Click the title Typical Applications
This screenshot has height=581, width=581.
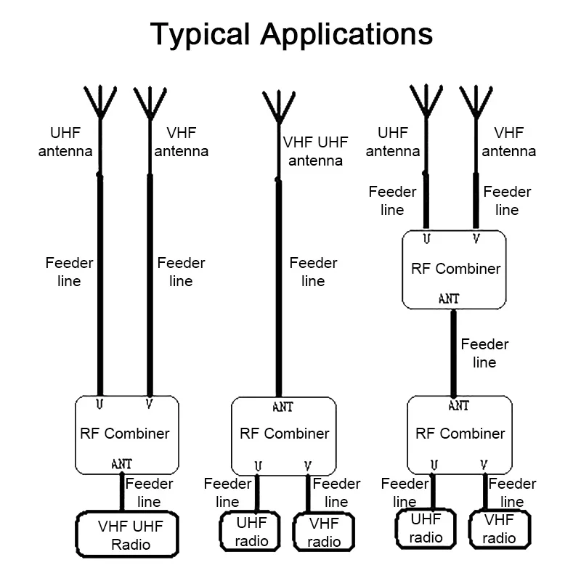coord(290,34)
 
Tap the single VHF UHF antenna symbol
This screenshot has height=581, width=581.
coord(278,106)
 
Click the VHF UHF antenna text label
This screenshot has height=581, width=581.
coord(315,151)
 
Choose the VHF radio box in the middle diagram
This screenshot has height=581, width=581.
coord(323,532)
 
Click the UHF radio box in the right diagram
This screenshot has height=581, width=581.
coord(426,529)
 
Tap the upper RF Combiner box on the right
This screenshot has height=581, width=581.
coord(455,269)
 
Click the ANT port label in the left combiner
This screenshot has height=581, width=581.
coord(121,463)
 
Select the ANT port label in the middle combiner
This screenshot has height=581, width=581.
coord(283,407)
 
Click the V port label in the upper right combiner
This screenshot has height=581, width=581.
coord(476,237)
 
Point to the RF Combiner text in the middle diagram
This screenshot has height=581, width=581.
coord(284,434)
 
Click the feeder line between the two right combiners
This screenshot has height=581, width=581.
coord(454,352)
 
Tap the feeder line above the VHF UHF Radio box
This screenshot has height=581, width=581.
coord(121,492)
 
